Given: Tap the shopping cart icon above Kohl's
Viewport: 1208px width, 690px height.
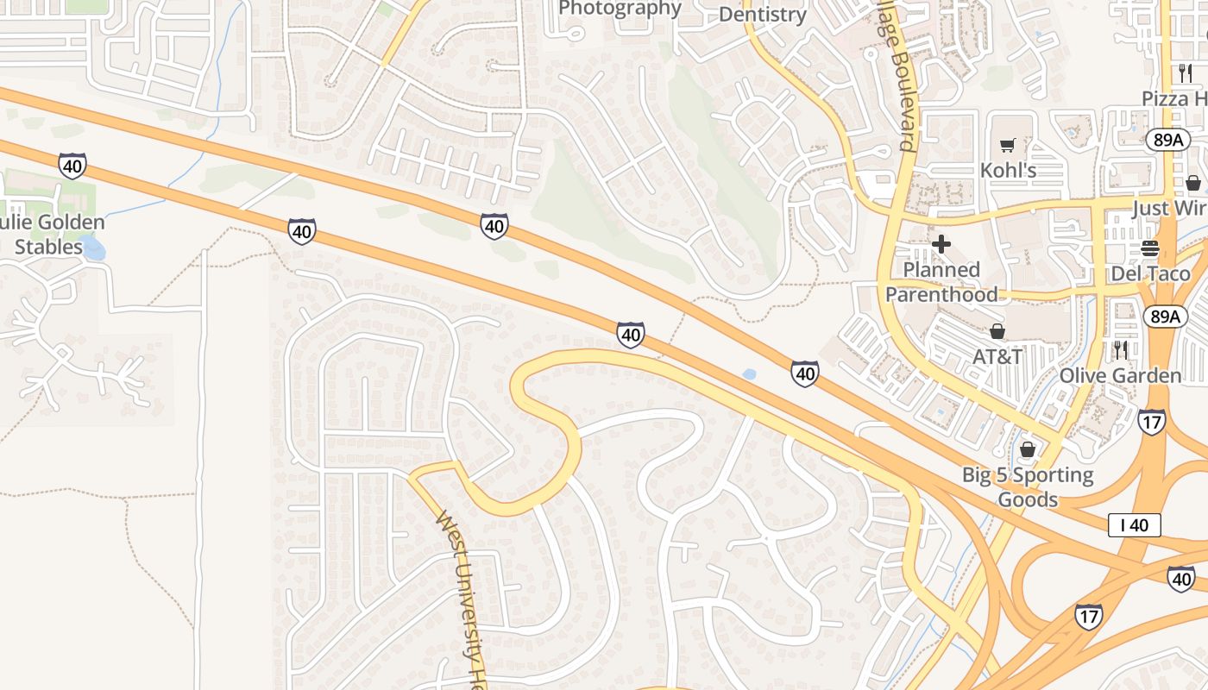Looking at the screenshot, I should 1007,145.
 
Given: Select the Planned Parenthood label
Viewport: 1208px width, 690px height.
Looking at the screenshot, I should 941,282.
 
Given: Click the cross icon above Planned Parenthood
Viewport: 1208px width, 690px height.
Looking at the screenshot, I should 941,244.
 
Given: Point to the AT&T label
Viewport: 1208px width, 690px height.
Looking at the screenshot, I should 997,356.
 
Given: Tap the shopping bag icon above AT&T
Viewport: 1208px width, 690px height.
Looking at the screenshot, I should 997,331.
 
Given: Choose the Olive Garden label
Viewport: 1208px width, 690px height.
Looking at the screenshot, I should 1120,375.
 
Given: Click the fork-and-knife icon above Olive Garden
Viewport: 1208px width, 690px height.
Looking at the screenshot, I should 1120,349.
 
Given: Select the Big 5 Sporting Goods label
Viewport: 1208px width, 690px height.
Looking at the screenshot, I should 1027,487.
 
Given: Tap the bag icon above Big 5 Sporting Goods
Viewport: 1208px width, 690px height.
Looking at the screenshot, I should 1027,449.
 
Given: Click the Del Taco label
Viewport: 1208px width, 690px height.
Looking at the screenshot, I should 1149,274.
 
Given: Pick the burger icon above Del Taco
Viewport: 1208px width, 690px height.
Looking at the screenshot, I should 1149,249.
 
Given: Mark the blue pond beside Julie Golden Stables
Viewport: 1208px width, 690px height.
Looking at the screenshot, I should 93,250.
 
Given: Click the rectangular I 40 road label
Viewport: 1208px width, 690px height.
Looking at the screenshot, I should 1135,525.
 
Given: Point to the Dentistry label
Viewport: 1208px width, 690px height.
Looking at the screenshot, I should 762,14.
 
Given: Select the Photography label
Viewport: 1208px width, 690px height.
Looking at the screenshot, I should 620,9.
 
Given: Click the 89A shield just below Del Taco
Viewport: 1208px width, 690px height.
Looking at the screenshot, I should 1164,317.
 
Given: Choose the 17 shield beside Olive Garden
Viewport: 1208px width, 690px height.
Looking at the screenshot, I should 1152,421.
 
